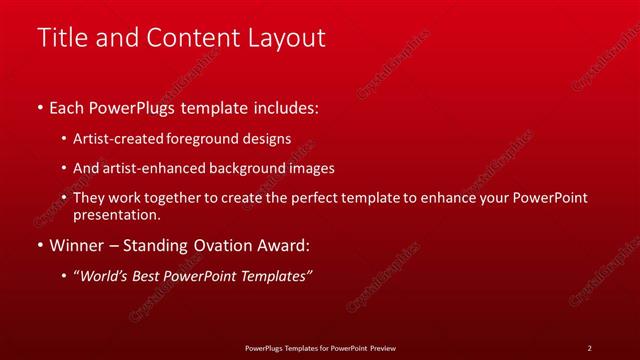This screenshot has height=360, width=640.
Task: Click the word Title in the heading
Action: (59, 38)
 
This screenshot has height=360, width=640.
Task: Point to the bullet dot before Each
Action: (39, 106)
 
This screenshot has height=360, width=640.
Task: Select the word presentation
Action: (116, 215)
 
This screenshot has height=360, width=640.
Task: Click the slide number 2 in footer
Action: (589, 348)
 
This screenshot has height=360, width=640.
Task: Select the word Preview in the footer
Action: (381, 348)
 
